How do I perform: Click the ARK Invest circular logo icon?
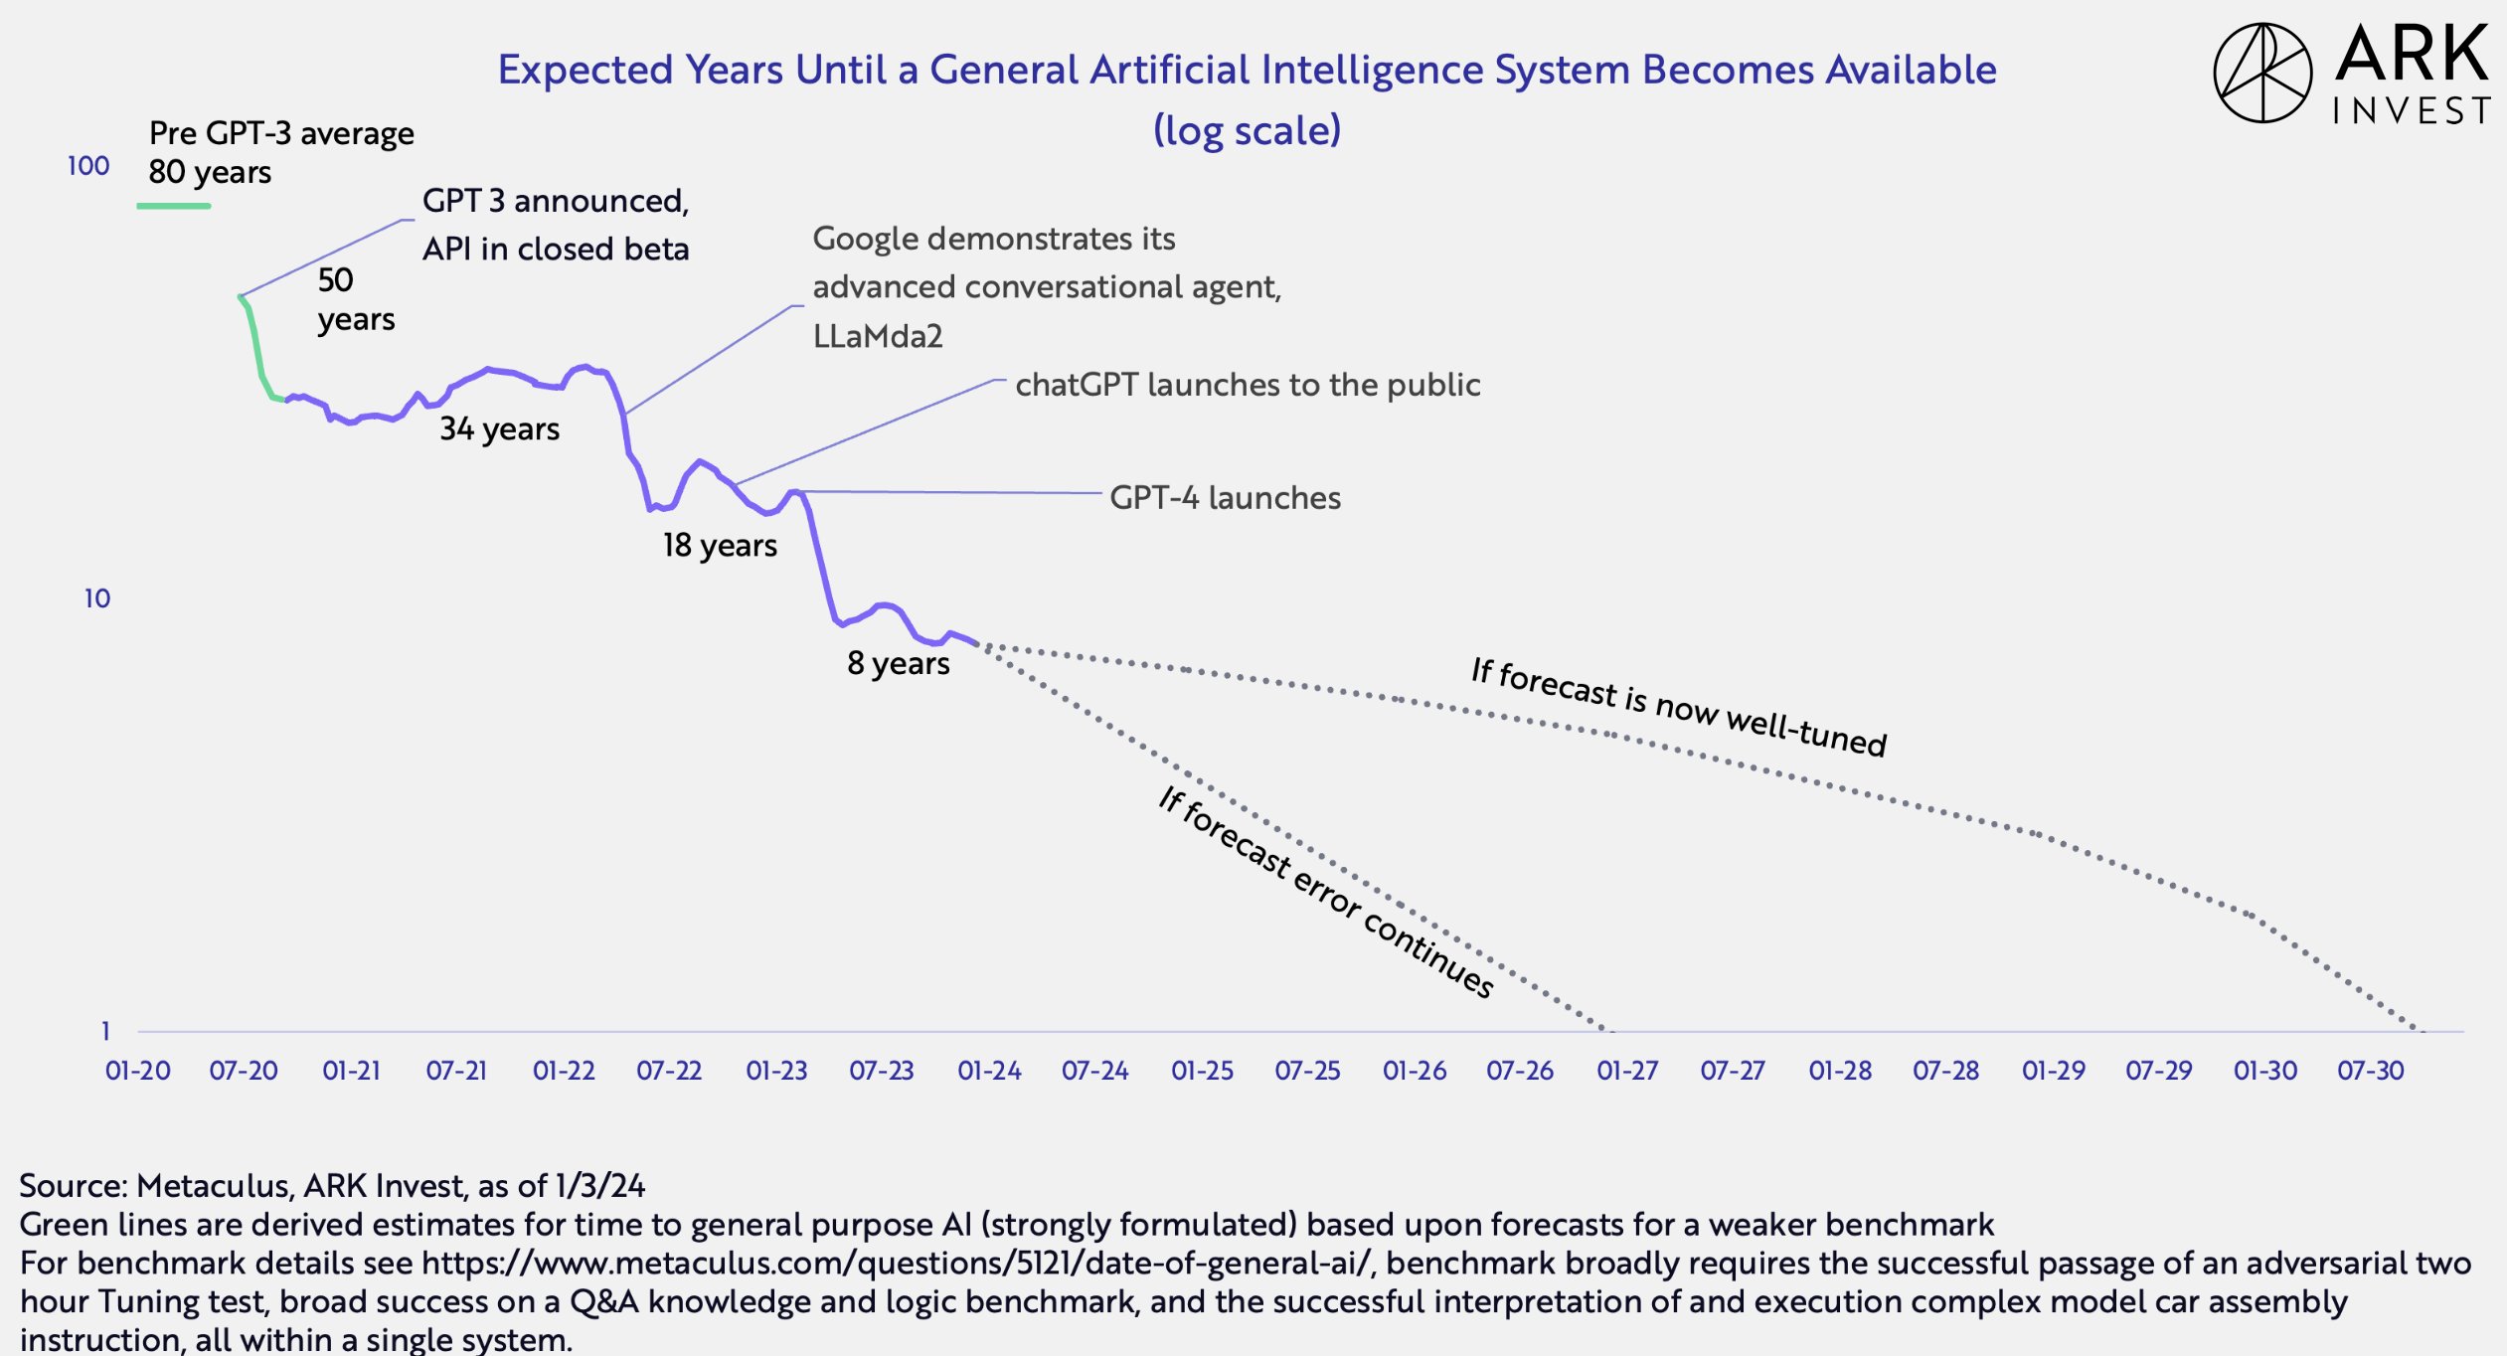coord(2262,73)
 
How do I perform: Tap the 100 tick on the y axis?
coord(88,166)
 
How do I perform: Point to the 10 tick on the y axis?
coord(96,598)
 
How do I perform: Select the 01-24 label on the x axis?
coord(989,1071)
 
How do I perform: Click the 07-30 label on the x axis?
coord(2370,1071)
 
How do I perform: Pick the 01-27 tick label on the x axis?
coord(1627,1071)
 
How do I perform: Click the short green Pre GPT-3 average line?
coord(174,206)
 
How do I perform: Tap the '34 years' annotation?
coord(500,428)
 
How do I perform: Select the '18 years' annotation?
coord(720,545)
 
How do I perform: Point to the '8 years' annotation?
coord(898,663)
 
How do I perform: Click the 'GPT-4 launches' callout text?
coord(1225,497)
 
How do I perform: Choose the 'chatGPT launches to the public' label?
coord(1248,385)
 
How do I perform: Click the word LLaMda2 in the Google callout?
coord(878,336)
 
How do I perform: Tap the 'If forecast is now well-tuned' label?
coord(1678,707)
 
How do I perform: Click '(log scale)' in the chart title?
coord(1247,130)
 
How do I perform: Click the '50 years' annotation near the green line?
coord(355,299)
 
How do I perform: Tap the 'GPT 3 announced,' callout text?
coord(556,201)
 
